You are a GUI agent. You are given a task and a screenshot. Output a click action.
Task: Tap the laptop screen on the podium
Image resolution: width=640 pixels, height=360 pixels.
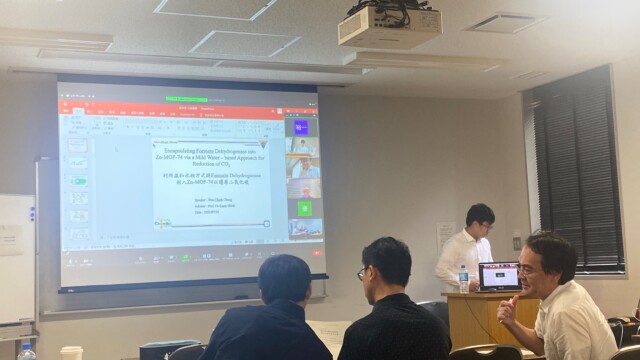(500, 275)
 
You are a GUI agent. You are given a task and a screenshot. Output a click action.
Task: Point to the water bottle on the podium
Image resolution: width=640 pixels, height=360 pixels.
(463, 278)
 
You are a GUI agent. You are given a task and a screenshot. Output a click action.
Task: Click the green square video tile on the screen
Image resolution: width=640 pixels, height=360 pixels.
(304, 208)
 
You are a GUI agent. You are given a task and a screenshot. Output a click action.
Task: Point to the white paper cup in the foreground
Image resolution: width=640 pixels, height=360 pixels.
(71, 353)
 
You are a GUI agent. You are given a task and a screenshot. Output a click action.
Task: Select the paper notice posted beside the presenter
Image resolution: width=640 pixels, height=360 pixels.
(446, 235)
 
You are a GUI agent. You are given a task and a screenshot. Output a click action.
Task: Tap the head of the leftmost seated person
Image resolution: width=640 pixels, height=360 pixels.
(282, 279)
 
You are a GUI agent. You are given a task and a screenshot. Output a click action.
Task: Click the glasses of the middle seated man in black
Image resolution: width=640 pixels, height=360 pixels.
(363, 272)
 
